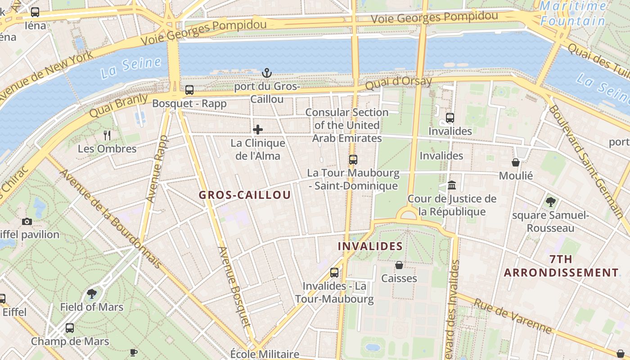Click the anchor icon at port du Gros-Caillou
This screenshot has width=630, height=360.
click(267, 72)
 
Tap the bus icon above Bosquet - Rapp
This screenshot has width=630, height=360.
click(189, 90)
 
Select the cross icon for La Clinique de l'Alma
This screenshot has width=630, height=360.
click(258, 130)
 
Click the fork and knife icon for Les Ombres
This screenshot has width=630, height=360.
click(107, 135)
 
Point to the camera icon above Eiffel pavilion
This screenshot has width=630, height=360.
click(27, 221)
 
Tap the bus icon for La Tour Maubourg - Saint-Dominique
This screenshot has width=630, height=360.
click(353, 159)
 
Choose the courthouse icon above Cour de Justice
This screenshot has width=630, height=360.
click(452, 185)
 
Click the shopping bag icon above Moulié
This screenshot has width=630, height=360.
click(516, 162)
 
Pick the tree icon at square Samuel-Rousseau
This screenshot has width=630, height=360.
click(550, 202)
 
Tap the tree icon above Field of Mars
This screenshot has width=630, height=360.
click(92, 294)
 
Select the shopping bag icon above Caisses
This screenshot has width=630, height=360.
click(399, 265)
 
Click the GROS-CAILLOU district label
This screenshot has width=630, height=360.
click(245, 195)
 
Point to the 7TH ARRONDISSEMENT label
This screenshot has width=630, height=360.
click(561, 266)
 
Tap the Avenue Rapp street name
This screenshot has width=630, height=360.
click(157, 169)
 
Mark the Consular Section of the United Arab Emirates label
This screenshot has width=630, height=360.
click(347, 125)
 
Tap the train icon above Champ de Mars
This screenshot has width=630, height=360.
click(70, 328)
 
